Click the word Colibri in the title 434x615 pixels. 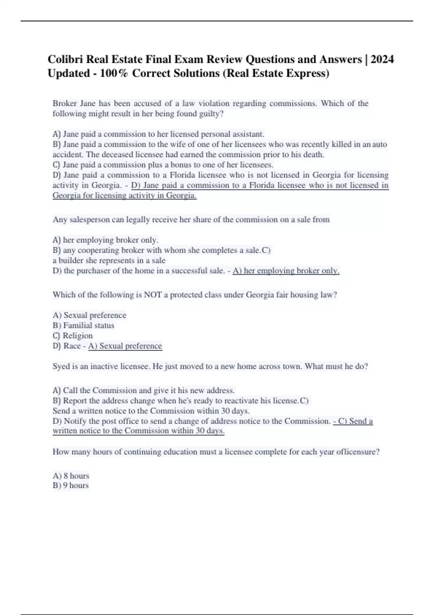(x=65, y=59)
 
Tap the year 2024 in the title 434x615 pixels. (x=382, y=59)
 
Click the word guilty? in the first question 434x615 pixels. (x=212, y=114)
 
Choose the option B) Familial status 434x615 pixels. (x=84, y=326)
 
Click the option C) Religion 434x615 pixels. (x=73, y=336)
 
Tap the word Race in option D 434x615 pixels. (x=72, y=346)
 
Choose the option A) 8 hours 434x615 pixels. (x=71, y=476)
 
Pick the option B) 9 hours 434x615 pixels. (x=71, y=485)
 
